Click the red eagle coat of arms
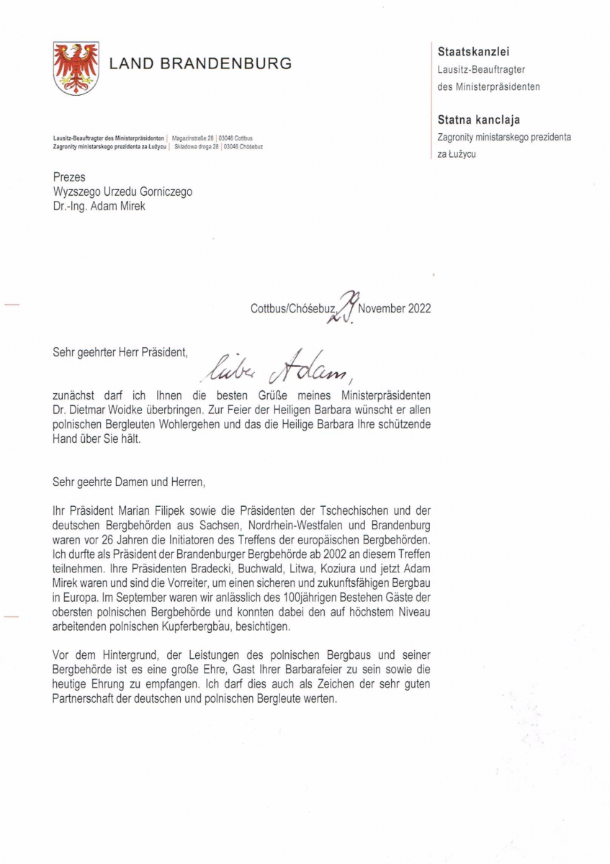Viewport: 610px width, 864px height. [x=76, y=68]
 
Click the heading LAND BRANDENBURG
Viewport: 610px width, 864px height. [x=200, y=63]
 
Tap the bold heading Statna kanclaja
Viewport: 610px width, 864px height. [x=478, y=120]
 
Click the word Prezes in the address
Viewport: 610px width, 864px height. [x=69, y=177]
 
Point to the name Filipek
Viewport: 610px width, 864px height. [x=184, y=508]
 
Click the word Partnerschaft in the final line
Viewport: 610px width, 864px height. [x=87, y=700]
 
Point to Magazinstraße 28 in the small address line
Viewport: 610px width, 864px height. [x=193, y=138]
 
